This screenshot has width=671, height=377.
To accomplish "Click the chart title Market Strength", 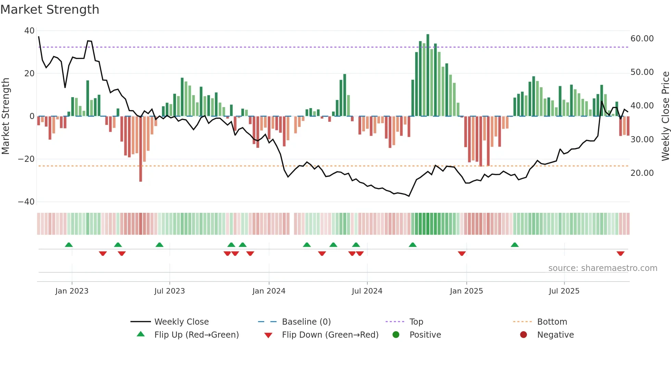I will pyautogui.click(x=50, y=10).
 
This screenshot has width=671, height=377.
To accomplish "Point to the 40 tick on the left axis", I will pyautogui.click(x=29, y=31).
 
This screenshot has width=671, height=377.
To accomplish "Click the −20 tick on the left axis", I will pyautogui.click(x=26, y=159).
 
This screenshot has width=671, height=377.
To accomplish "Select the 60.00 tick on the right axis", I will pyautogui.click(x=642, y=39).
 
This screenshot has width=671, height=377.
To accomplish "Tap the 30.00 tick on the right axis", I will pyautogui.click(x=642, y=140).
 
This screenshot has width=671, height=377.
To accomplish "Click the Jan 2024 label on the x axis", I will pyautogui.click(x=269, y=291).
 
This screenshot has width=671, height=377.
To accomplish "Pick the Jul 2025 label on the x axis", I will pyautogui.click(x=564, y=291).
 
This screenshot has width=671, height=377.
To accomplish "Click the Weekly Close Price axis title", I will pyautogui.click(x=665, y=116).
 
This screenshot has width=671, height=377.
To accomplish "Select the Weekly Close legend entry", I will pyautogui.click(x=181, y=322).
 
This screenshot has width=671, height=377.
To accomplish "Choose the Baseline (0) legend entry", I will pyautogui.click(x=306, y=322).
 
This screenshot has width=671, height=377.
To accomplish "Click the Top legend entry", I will pyautogui.click(x=416, y=322).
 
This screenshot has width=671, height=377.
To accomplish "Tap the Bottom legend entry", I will pyautogui.click(x=552, y=322).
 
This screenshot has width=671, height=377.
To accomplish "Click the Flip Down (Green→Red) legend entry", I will pyautogui.click(x=330, y=335).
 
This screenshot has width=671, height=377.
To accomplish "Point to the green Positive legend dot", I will pyautogui.click(x=396, y=335).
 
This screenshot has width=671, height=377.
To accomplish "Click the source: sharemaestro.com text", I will pyautogui.click(x=603, y=268).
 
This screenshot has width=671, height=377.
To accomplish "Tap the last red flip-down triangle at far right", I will pyautogui.click(x=620, y=253).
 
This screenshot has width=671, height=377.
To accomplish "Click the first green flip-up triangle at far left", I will pyautogui.click(x=69, y=245).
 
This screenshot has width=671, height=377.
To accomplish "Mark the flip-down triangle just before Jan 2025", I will pyautogui.click(x=461, y=253).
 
